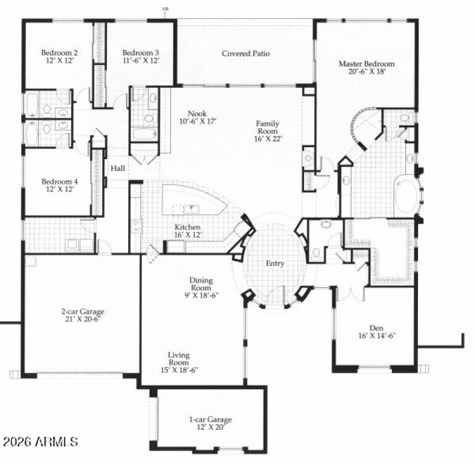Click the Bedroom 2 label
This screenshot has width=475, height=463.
pos(56,51)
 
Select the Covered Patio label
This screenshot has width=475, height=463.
pos(246,53)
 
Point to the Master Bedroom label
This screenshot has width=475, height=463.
pos(366,64)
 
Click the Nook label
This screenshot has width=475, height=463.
pos(197,114)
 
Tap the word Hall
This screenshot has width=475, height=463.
pos(118,169)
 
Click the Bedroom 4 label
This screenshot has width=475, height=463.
pos(56,181)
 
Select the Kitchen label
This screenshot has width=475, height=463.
pos(187,227)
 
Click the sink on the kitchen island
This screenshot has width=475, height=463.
pos(191,209)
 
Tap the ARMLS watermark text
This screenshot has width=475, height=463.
pos(40,442)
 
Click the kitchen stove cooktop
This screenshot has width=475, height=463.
pos(137,226)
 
